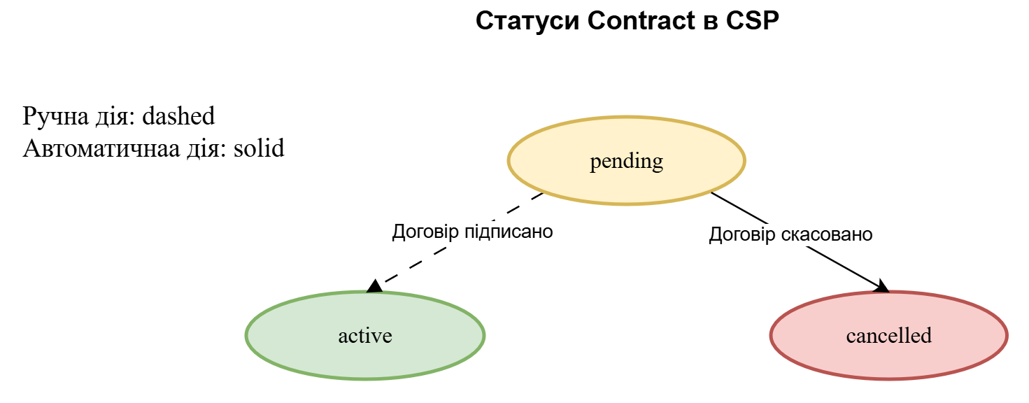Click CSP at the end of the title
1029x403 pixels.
[752, 21]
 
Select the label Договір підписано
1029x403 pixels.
[472, 232]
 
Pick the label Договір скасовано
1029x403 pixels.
[790, 234]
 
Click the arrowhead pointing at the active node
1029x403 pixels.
[375, 285]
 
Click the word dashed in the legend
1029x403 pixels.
[178, 116]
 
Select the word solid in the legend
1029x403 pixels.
[259, 148]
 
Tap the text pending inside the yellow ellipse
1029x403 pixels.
[626, 162]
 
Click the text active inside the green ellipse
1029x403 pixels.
[365, 336]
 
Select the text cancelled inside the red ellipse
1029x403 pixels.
[888, 336]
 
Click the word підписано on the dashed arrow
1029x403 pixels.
[509, 232]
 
